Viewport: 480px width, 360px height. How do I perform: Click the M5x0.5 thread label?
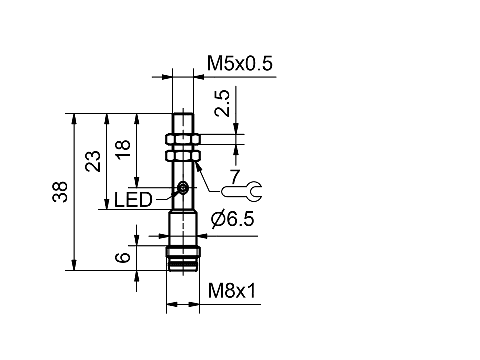pos(239,64)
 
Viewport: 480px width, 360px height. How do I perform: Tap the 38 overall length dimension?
pos(60,192)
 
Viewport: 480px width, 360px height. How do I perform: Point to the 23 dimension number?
pos(93,161)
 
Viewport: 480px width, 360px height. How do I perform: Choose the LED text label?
pos(133,200)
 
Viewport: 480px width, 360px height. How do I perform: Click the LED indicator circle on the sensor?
pos(183,188)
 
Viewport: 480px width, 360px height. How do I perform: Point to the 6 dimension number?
pos(123,258)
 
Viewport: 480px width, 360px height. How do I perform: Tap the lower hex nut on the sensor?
pos(182,157)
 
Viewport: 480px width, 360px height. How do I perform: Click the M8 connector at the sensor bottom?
pos(183,258)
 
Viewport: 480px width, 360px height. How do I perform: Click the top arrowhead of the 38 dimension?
pos(74,118)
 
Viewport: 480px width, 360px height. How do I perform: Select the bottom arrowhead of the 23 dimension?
pos(106,205)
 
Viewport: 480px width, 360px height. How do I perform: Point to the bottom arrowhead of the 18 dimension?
pos(136,183)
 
